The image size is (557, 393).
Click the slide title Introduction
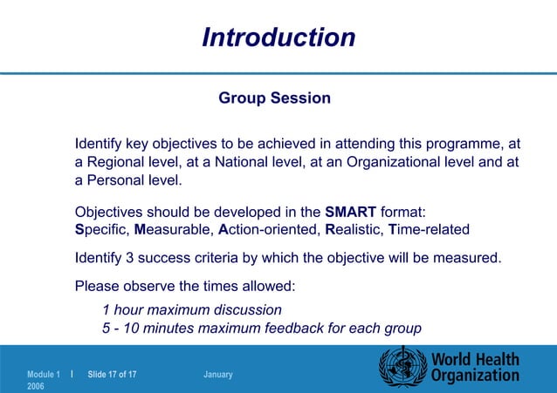278,37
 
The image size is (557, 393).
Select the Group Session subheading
274,98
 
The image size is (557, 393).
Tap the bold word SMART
350,211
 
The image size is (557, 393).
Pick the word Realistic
353,230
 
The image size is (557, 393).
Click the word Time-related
429,230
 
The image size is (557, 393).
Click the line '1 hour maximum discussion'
191,309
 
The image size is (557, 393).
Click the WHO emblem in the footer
399,367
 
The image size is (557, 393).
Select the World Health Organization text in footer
475,367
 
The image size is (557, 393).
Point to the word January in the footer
217,374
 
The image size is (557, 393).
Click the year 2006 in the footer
38,385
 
